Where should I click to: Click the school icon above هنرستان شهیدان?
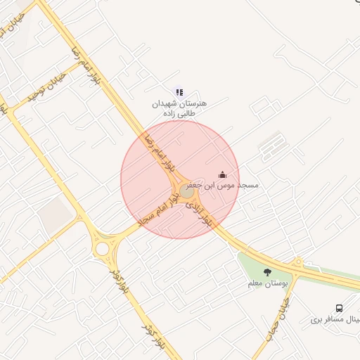coord(179,92)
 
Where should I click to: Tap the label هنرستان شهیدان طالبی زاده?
coord(180,108)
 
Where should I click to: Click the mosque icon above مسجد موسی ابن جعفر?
coord(223,174)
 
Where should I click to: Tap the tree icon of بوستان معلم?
coord(266,272)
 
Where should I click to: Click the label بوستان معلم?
coord(268,283)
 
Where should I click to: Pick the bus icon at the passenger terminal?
coord(340,309)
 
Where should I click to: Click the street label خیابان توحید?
coord(46,87)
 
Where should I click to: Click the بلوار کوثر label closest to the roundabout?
coord(120,280)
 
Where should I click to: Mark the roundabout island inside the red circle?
coord(186,191)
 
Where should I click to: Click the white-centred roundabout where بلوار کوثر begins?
coord(103,248)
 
